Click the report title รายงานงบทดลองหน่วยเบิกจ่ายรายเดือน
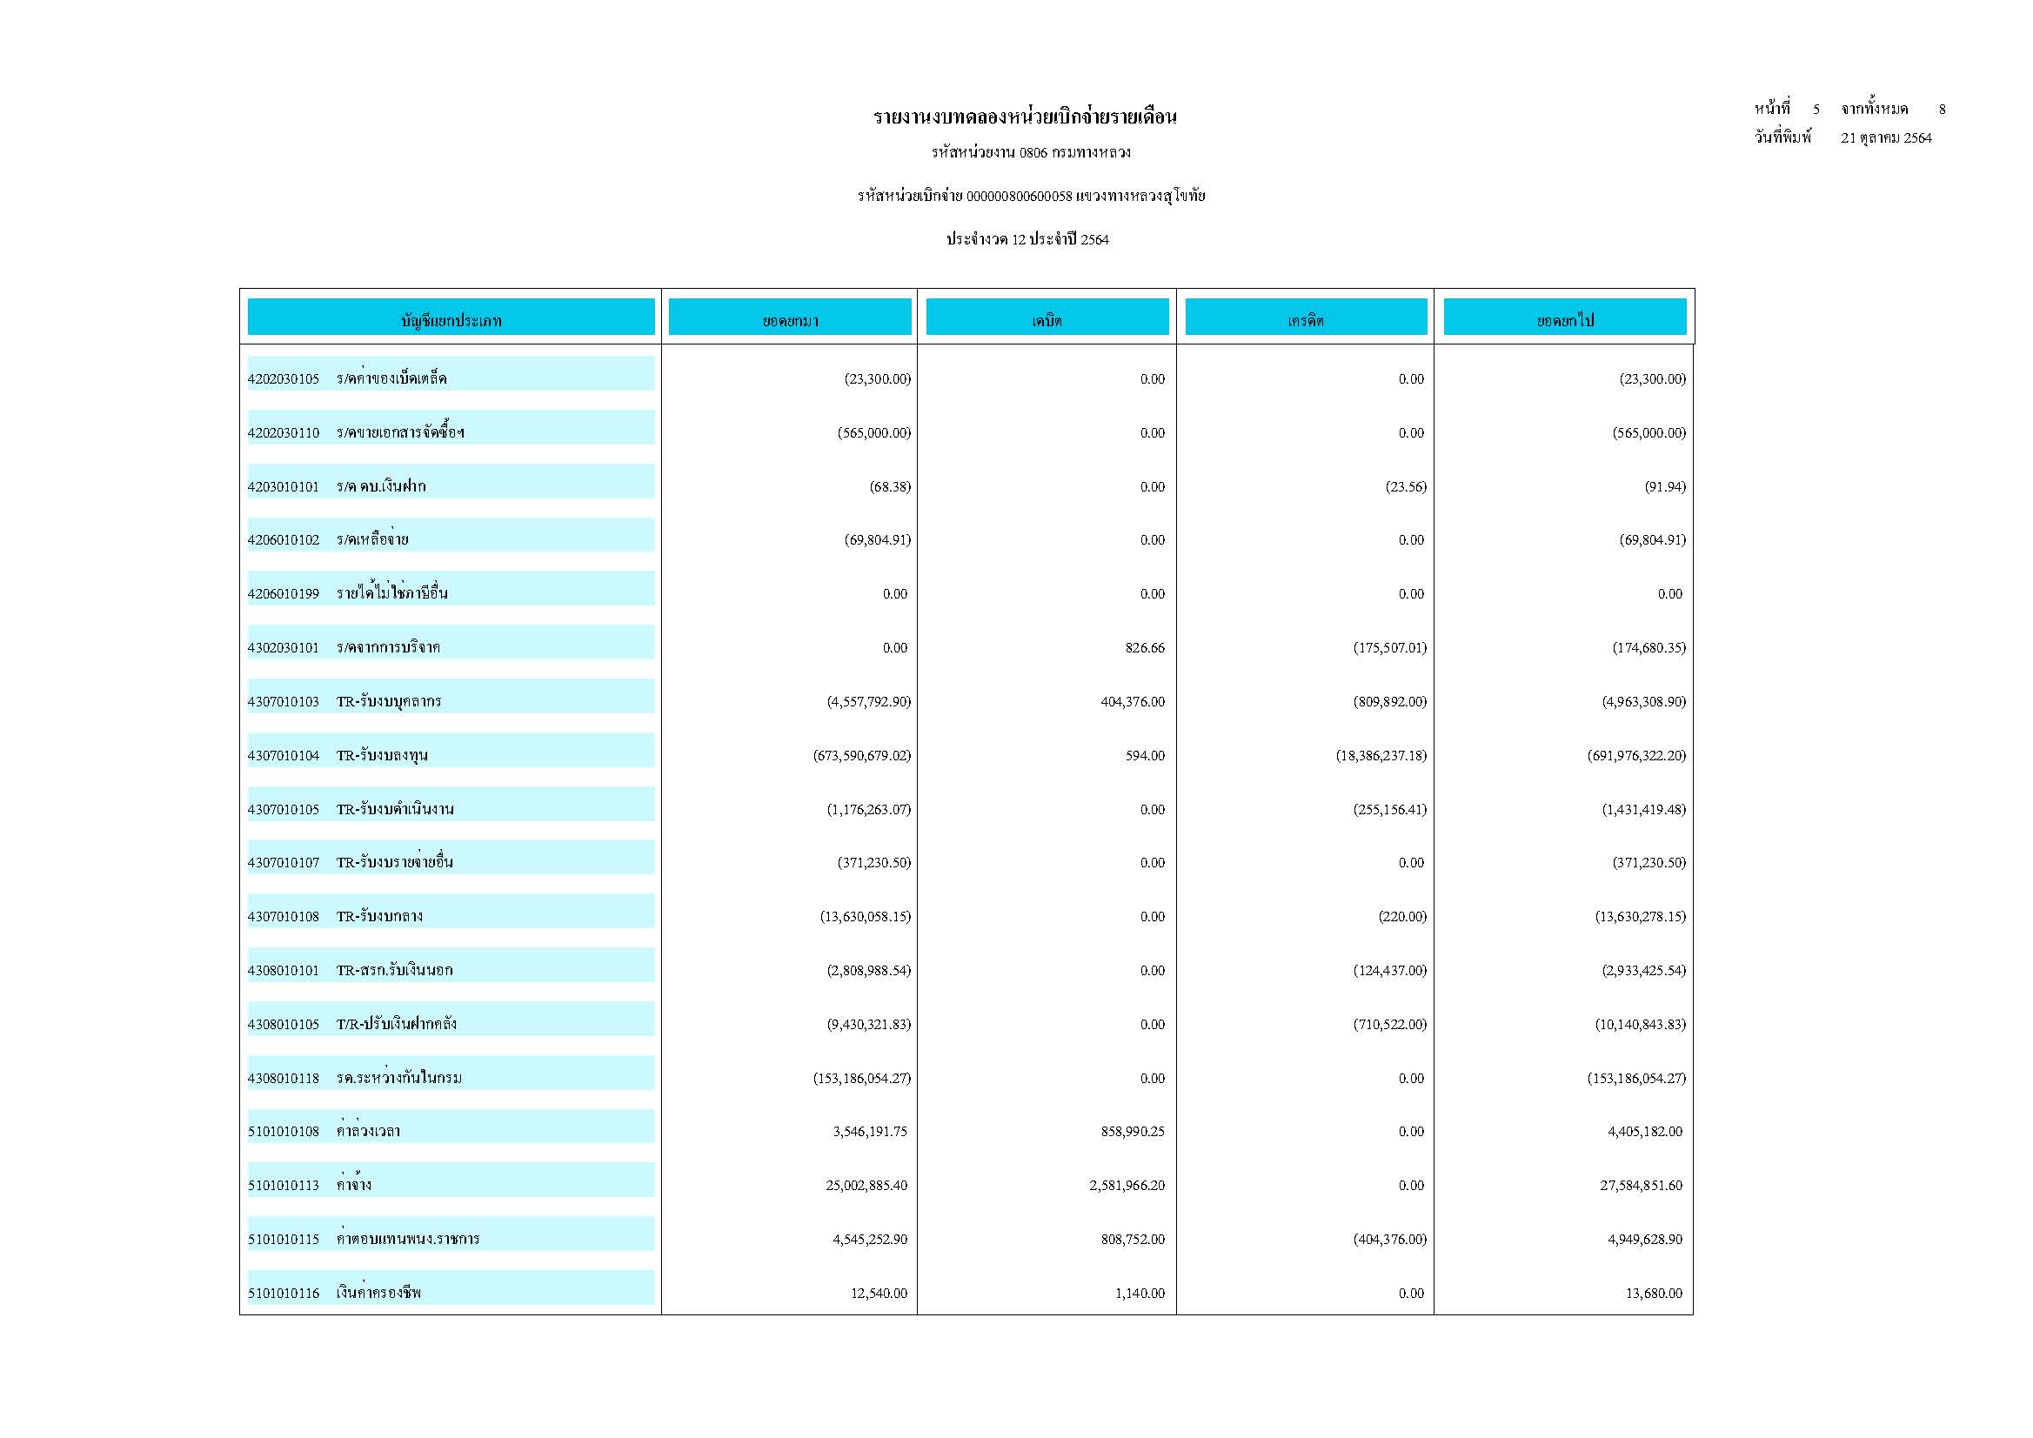1025,117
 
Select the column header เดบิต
1047,320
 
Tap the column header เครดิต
1305,320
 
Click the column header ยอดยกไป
1565,320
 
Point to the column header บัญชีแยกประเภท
451,320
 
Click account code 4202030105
284,379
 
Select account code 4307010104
284,756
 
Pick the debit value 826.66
1145,648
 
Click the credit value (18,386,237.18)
1381,756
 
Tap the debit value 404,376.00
1133,702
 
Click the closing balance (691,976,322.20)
1636,756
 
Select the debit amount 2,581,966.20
1127,1186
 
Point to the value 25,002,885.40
866,1186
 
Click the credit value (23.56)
1406,487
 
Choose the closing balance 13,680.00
1653,1294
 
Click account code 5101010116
284,1294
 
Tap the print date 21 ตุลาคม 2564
1886,138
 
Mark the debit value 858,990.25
1133,1132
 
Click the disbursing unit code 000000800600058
1020,196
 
